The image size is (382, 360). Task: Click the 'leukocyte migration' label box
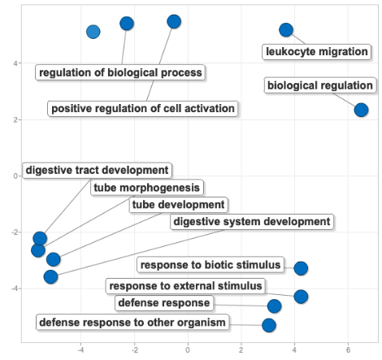316,52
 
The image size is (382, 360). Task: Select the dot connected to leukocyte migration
286,30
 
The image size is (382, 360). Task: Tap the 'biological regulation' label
320,85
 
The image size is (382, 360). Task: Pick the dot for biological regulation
361,110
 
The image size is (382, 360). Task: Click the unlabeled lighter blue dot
93,32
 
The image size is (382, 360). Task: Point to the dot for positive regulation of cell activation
174,22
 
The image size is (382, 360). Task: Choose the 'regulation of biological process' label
120,72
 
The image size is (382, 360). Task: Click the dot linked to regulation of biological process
127,24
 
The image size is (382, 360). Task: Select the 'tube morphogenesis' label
147,188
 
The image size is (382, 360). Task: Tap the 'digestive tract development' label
97,171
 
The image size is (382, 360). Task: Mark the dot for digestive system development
50,277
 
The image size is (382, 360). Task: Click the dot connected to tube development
54,259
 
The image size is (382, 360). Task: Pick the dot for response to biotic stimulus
301,268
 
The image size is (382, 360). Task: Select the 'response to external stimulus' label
185,286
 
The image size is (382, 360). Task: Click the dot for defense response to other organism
269,325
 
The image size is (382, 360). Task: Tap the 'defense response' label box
164,303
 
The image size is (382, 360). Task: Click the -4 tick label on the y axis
15,288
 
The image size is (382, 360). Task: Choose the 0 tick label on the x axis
188,350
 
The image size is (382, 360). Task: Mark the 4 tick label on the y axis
15,63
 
